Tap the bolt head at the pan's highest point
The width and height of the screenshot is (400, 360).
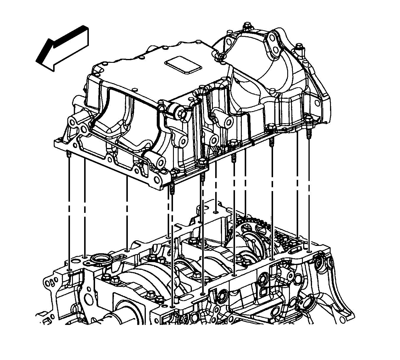pos(246,27)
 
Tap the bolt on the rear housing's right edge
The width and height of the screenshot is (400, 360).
pos(299,49)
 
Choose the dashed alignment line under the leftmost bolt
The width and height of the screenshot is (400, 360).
pos(68,212)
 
